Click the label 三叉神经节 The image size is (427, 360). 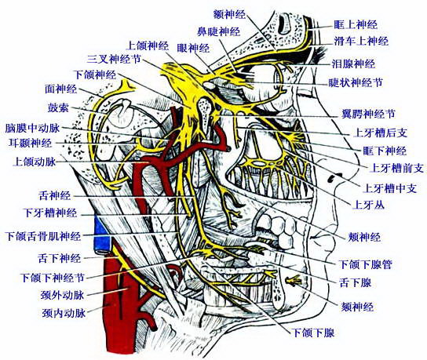click(114, 59)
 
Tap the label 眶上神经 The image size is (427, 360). click(356, 25)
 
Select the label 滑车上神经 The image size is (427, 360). click(361, 42)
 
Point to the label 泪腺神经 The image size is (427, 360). click(353, 64)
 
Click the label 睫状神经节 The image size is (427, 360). click(356, 82)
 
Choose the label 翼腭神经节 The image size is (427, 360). click(368, 114)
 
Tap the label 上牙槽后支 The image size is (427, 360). click(380, 133)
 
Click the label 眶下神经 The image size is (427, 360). click(385, 151)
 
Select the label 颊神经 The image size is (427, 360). click(364, 237)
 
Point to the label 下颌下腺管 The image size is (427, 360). click(365, 264)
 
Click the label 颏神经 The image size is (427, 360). click(357, 307)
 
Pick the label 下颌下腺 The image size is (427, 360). click(312, 333)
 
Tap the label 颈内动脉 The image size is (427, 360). click(64, 313)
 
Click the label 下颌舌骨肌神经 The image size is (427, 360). click(44, 236)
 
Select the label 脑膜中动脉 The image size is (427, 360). click(32, 128)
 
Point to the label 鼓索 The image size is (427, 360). click(58, 108)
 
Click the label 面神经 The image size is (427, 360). click(60, 89)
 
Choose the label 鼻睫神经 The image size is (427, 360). click(218, 32)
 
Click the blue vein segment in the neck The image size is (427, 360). click(102, 235)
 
